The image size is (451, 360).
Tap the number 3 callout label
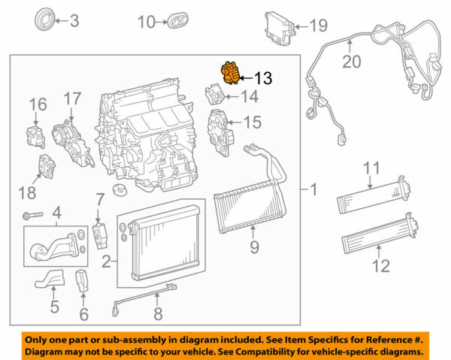click(74, 20)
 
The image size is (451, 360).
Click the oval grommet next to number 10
click(180, 20)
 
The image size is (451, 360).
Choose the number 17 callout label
click(71, 98)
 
